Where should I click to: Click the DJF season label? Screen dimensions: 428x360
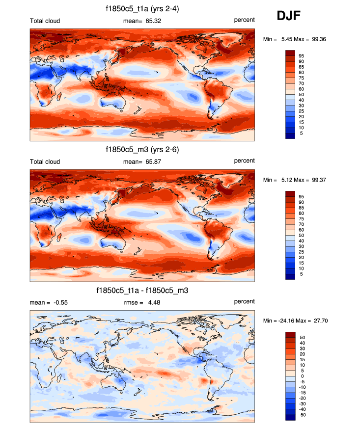288,16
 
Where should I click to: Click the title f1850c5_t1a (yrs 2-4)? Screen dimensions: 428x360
142,9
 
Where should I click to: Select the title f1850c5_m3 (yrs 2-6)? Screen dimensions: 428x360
142,150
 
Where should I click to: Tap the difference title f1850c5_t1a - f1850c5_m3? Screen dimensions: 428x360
142,291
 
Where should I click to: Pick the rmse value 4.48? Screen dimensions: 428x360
153,302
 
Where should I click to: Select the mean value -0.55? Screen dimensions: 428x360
59,302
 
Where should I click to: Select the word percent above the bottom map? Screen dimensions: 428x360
244,301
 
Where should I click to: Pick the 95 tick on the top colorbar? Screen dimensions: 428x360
302,56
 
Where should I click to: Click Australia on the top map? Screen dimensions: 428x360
111,101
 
